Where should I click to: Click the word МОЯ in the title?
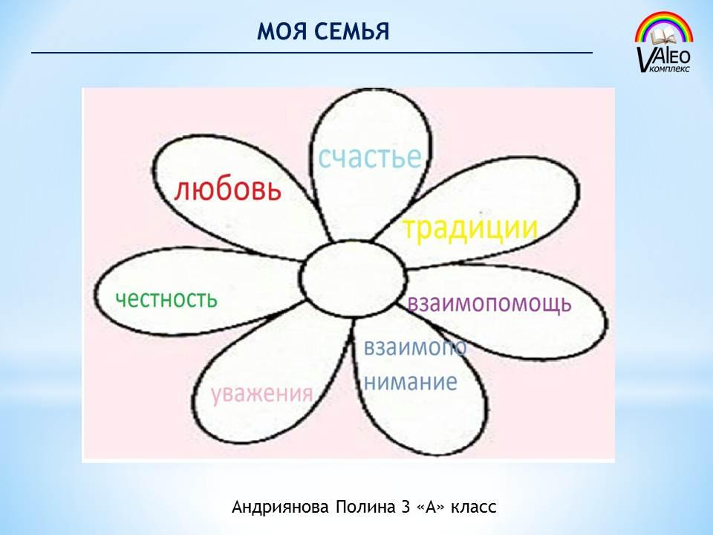[x=281, y=32]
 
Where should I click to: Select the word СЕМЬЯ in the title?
[x=351, y=32]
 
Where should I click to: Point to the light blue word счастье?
[x=369, y=157]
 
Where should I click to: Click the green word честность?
[x=166, y=299]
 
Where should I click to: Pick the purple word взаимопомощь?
[x=489, y=303]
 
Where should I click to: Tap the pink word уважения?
[x=262, y=393]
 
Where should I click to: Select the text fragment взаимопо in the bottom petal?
[x=415, y=348]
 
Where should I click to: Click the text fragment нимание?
[x=411, y=382]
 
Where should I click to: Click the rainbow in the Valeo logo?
[x=664, y=27]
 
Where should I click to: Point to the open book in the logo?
[x=665, y=37]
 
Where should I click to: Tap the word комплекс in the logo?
[x=670, y=69]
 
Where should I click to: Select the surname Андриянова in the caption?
[x=280, y=507]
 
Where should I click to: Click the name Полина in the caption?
[x=365, y=507]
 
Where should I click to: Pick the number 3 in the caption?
[x=406, y=507]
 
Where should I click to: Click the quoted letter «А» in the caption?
[x=430, y=507]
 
